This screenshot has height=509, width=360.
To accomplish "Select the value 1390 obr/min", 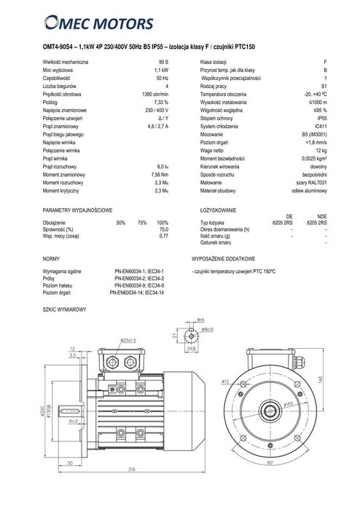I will [x=155, y=95].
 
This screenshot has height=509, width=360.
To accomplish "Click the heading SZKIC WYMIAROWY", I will [x=65, y=309].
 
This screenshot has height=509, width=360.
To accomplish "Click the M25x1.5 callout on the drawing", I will [x=129, y=340].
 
